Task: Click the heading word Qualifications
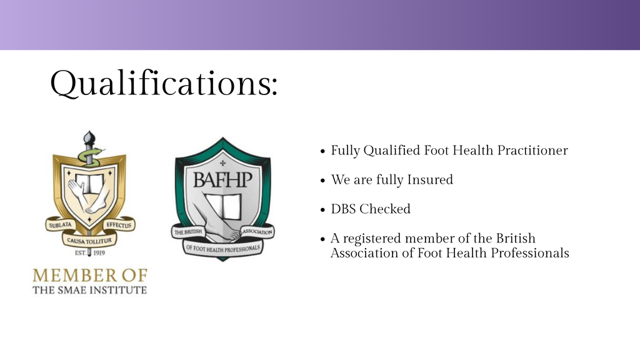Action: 163,83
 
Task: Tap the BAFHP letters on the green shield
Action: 223,179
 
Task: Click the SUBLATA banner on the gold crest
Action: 60,225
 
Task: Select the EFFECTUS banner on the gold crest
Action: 119,225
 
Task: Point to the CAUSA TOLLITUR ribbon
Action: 89,241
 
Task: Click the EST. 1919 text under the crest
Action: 90,253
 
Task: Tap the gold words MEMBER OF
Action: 90,276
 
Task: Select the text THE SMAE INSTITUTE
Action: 90,290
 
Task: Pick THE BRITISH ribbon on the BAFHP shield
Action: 187,232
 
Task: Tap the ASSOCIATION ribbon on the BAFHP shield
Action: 257,232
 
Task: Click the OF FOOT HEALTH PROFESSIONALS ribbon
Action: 223,248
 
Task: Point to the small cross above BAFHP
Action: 222,163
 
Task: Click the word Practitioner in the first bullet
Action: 532,151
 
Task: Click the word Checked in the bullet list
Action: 385,209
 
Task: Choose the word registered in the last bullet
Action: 372,239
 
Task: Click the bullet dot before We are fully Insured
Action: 323,181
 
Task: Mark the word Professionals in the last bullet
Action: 530,253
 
